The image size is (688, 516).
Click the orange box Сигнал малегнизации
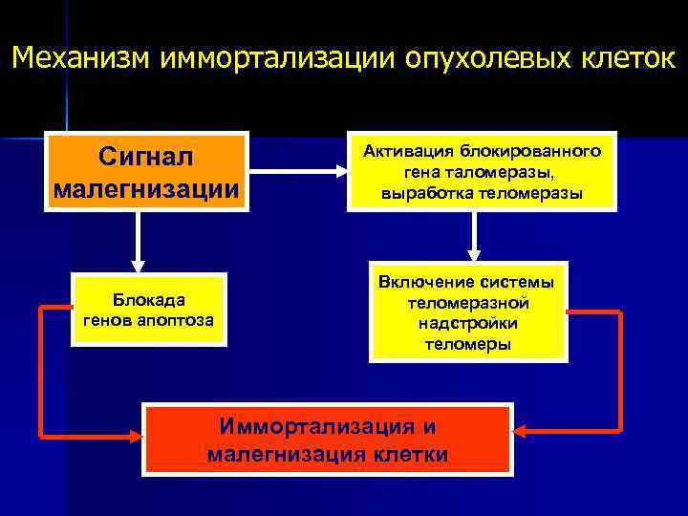146,171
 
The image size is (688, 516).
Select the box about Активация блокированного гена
482,172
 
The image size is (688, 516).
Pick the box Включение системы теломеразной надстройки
468,312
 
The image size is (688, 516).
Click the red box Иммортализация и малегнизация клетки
327,440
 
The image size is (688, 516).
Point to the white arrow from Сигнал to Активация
295,172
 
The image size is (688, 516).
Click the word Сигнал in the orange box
146,155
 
